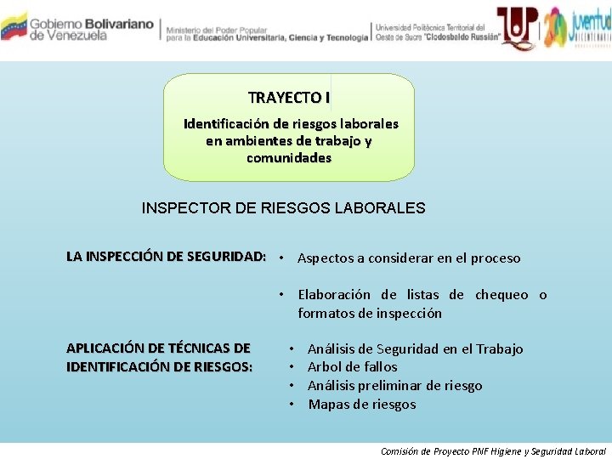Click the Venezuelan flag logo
coord(14,26)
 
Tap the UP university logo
coord(515,26)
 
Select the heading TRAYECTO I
coord(289,98)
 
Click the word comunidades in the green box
coord(289,158)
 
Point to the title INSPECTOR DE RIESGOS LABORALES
coord(283,208)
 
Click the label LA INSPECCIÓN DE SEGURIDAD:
coord(167,257)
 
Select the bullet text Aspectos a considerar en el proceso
coord(409,258)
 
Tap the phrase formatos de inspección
coord(370,314)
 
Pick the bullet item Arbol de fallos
coord(352,367)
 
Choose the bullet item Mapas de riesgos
coord(362,405)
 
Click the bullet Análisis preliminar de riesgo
coord(394,386)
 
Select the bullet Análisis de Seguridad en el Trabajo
coord(415,348)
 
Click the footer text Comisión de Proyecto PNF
coord(433,450)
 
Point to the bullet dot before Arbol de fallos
coord(292,367)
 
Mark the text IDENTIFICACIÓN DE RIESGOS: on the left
coord(159,366)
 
